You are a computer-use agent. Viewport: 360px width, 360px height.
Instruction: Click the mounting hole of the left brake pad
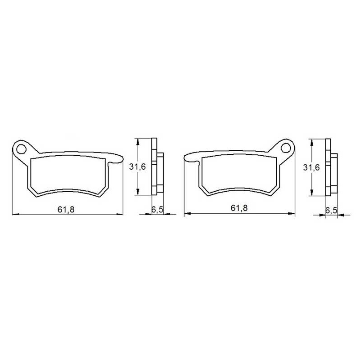pos(21,149)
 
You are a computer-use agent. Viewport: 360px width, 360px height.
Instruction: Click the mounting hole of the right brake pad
pos(286,148)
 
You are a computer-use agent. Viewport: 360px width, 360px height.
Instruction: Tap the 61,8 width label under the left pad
pos(66,209)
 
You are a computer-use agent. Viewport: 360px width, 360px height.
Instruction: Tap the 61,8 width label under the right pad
pos(239,208)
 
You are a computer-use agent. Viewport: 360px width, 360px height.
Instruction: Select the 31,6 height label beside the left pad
pos(137,167)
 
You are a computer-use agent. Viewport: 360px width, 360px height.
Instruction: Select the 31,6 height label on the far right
pos(311,167)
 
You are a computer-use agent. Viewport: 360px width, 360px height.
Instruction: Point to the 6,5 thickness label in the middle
pos(157,209)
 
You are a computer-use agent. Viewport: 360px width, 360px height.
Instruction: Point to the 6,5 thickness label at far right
pos(331,210)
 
